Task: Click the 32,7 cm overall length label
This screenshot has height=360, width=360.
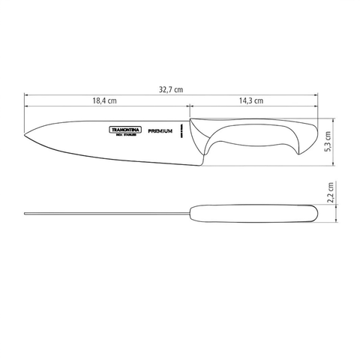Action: tap(172, 89)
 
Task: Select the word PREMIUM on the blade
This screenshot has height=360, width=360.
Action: tap(156, 130)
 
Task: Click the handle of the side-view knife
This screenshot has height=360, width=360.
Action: tap(255, 131)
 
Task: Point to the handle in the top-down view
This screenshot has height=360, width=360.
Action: tap(255, 212)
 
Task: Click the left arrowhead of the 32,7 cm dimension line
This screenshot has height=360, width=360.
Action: tap(27, 95)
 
